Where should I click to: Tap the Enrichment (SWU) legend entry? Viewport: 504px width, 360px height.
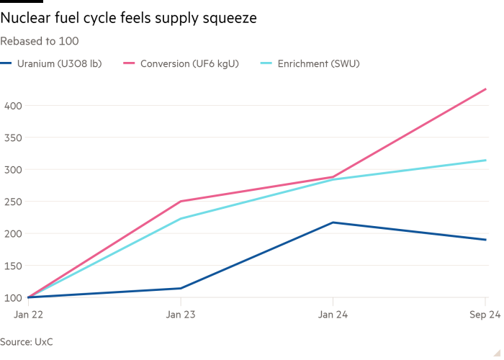click(x=317, y=64)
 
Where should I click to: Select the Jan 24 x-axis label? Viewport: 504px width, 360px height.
click(x=332, y=315)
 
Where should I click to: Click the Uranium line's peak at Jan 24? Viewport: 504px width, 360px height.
click(x=333, y=222)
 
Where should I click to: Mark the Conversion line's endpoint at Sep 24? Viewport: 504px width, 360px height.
click(x=486, y=89)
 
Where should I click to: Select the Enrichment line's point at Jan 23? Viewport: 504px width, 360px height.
click(x=180, y=218)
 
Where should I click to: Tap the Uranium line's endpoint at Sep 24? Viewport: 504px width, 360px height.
click(x=486, y=240)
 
